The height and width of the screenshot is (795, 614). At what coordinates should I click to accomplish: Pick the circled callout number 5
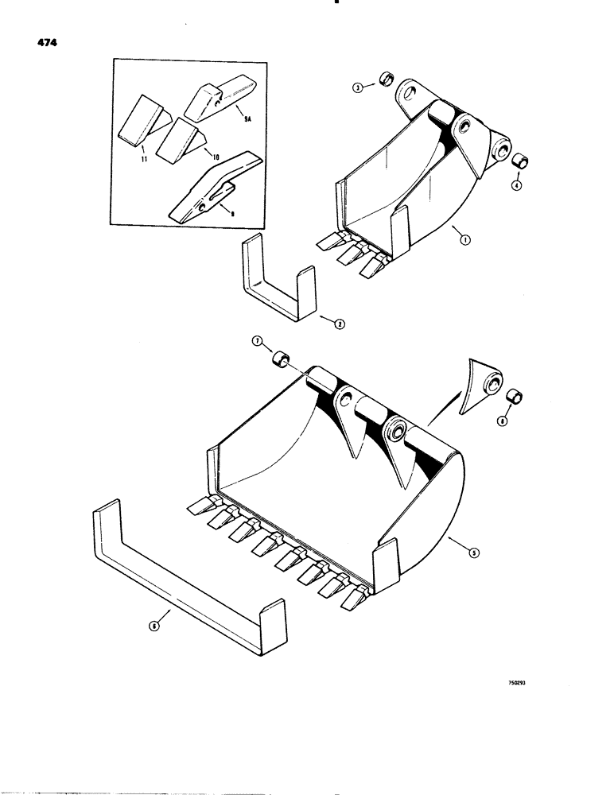475,554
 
